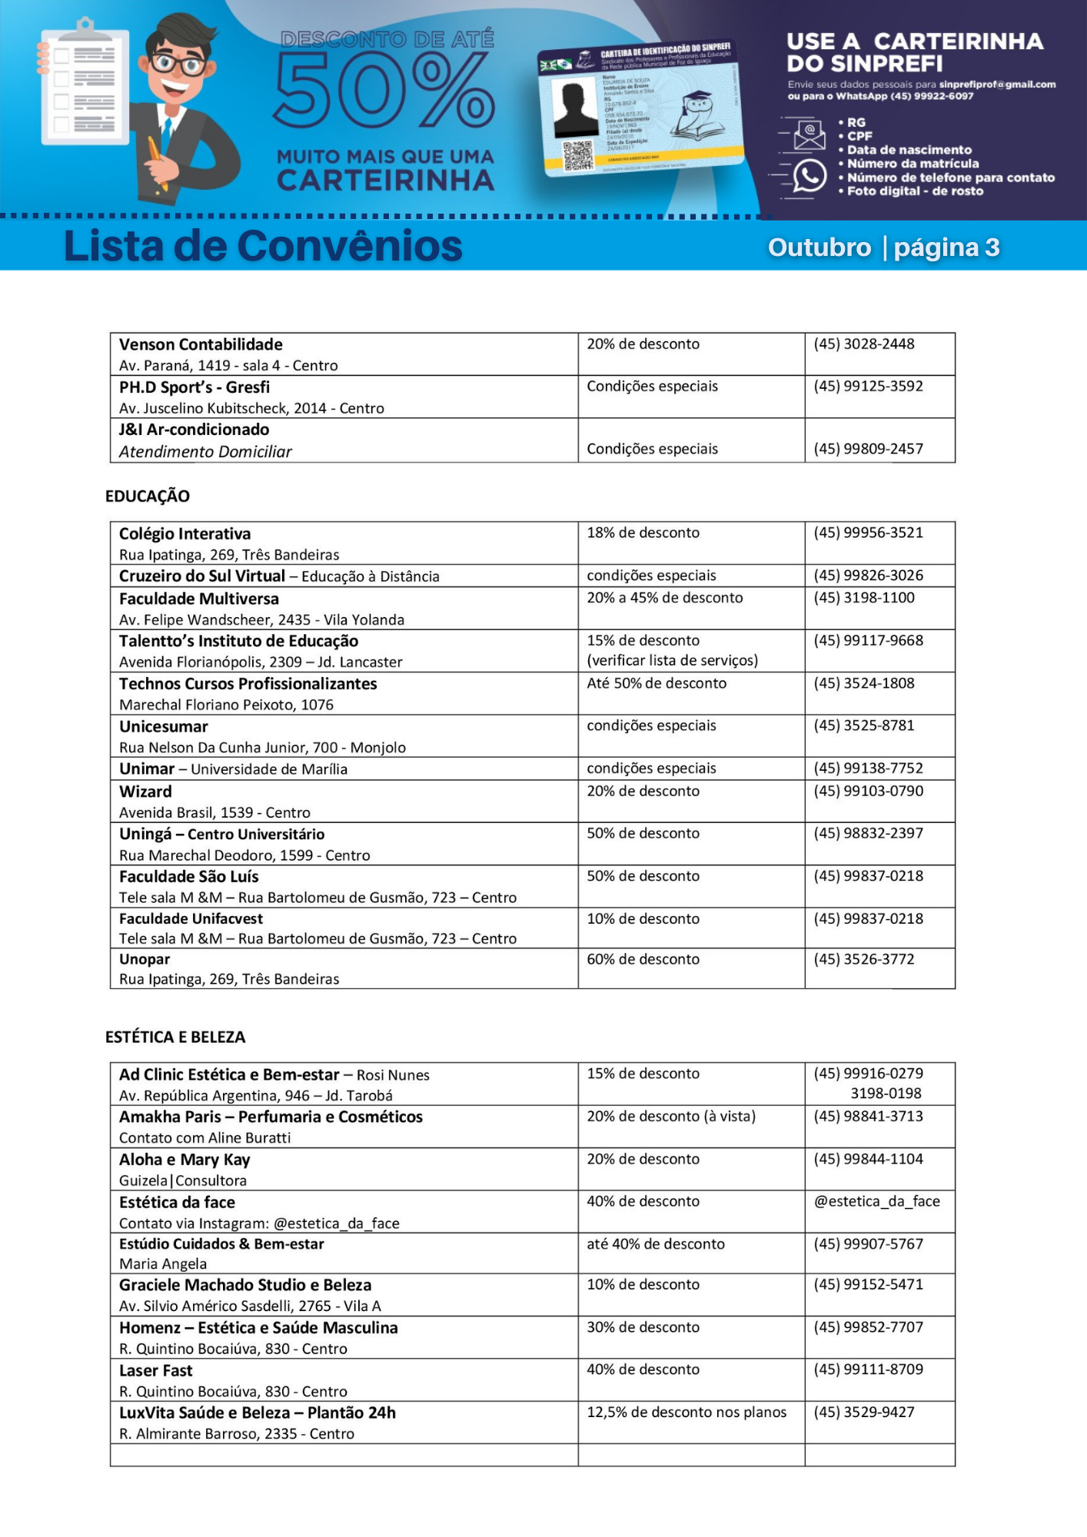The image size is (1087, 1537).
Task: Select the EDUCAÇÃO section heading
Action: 148,496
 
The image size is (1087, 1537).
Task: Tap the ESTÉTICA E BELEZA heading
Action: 175,1037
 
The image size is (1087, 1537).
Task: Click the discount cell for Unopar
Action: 643,959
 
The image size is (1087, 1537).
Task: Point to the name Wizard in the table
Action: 145,792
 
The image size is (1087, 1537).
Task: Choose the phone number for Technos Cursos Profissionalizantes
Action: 864,683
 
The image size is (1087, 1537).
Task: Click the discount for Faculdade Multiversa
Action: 664,598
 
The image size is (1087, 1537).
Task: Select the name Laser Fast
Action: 155,1370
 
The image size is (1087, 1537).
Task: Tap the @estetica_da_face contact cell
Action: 876,1201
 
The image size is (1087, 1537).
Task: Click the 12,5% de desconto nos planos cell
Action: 686,1413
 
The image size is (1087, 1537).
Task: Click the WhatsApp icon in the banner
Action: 809,175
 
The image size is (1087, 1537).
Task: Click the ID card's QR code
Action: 578,155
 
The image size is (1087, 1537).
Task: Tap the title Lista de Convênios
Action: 263,247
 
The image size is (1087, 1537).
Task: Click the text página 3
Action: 946,247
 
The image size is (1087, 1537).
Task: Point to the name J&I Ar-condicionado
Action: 194,430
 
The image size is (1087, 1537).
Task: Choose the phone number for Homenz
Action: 868,1327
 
